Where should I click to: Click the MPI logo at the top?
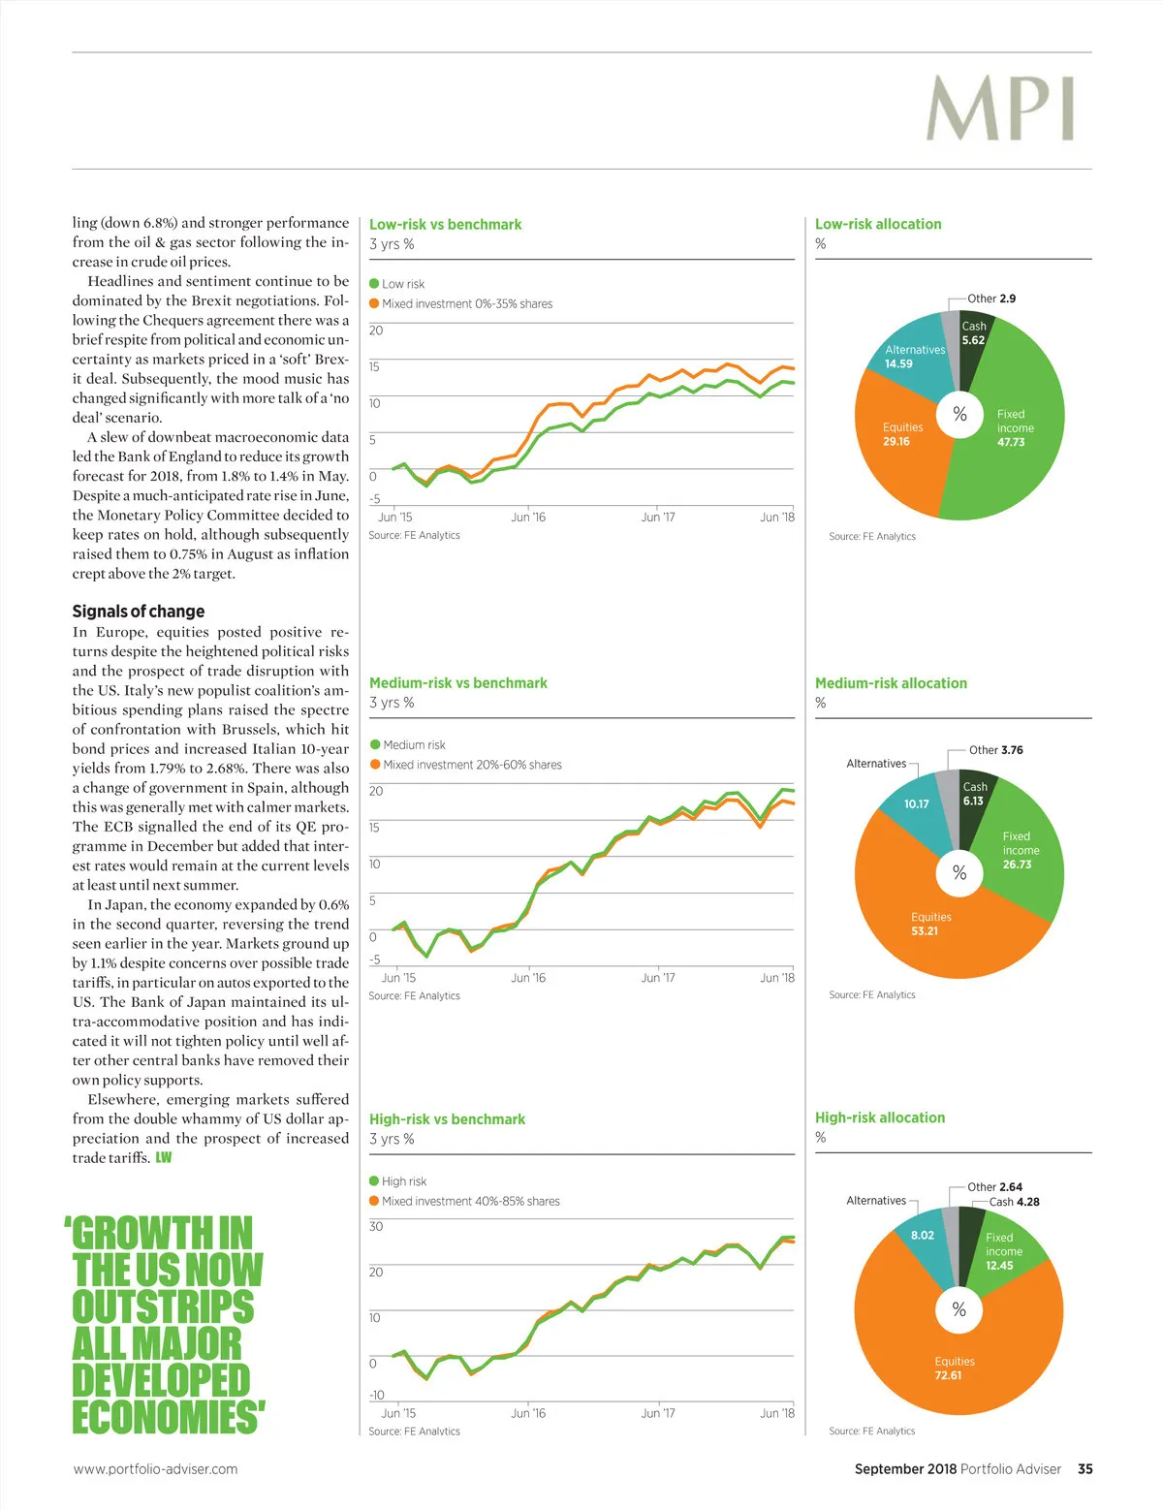click(1000, 110)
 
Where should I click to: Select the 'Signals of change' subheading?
click(139, 612)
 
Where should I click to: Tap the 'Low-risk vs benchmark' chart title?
click(445, 225)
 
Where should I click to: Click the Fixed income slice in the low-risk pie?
click(1008, 427)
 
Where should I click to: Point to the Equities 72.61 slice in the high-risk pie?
click(954, 1368)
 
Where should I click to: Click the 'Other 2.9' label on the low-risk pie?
click(991, 299)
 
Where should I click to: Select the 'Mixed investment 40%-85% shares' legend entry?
click(470, 1201)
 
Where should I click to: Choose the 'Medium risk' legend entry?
click(414, 745)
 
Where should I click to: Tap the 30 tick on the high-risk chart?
click(376, 1227)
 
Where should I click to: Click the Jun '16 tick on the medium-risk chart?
click(528, 978)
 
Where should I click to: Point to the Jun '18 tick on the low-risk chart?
click(777, 518)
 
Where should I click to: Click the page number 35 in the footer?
click(1085, 1469)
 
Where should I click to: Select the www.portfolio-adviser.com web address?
click(155, 1469)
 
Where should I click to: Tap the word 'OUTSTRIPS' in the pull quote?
click(164, 1306)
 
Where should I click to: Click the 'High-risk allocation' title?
click(880, 1117)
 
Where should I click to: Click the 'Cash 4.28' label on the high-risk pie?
click(1014, 1202)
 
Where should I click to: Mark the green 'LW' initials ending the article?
click(164, 1158)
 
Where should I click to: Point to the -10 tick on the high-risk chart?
click(376, 1396)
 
